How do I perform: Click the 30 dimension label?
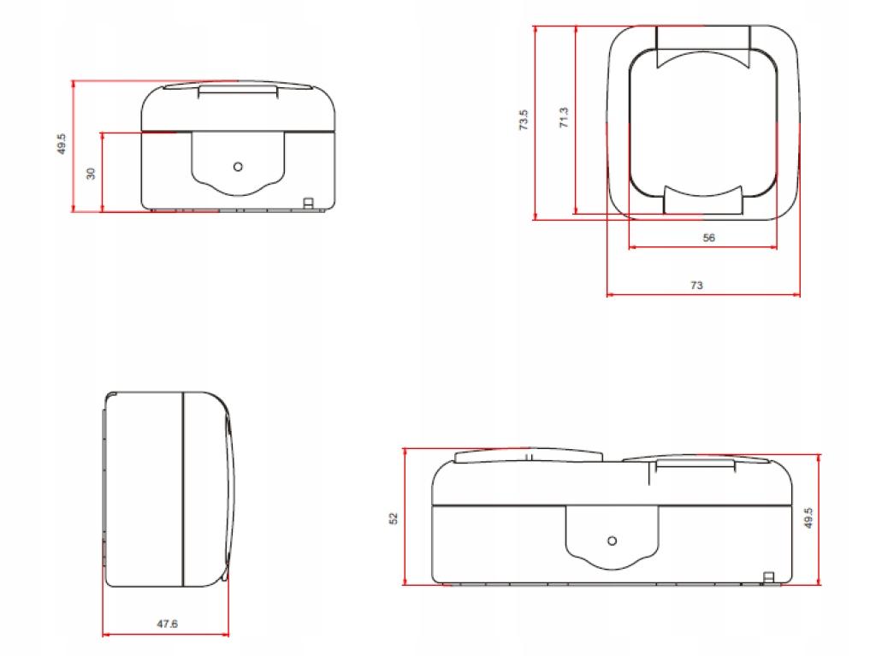pos(91,173)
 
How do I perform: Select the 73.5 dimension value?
pos(524,120)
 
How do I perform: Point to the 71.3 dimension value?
pos(564,117)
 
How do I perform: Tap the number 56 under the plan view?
pos(708,238)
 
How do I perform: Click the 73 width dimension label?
pos(696,285)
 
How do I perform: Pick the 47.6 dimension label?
pos(167,623)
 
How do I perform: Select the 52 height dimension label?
pos(394,518)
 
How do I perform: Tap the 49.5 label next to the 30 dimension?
pos(62,144)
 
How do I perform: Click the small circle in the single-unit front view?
pos(238,167)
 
